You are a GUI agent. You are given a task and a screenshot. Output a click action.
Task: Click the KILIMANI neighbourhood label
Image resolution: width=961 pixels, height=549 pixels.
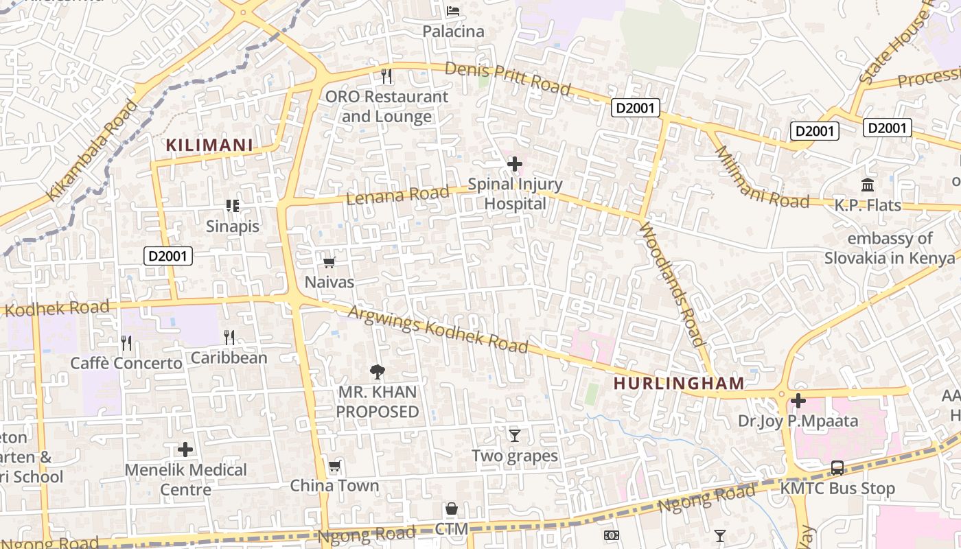pyautogui.click(x=210, y=145)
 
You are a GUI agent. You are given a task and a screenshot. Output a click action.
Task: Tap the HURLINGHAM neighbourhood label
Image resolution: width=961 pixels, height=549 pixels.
pyautogui.click(x=679, y=383)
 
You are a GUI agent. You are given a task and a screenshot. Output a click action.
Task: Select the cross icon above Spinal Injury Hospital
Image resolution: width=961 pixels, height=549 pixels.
pyautogui.click(x=514, y=164)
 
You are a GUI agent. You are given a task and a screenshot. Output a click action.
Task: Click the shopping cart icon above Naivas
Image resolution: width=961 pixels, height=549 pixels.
pyautogui.click(x=329, y=262)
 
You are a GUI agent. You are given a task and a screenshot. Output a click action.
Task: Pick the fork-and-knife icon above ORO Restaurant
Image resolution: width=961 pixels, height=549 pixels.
pyautogui.click(x=386, y=75)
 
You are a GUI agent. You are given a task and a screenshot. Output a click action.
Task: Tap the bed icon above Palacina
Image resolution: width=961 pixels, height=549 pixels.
pyautogui.click(x=452, y=11)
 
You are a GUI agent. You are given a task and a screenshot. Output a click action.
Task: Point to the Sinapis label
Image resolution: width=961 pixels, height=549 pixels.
pyautogui.click(x=233, y=226)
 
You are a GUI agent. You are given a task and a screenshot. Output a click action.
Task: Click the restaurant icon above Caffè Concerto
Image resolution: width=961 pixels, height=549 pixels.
pyautogui.click(x=126, y=342)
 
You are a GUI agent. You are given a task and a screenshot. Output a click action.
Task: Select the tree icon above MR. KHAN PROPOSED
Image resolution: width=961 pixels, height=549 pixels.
pyautogui.click(x=377, y=372)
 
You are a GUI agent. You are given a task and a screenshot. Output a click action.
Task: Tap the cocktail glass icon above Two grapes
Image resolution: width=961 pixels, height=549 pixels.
pyautogui.click(x=514, y=435)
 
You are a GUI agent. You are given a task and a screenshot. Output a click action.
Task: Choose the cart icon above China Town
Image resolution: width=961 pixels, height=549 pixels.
pyautogui.click(x=334, y=467)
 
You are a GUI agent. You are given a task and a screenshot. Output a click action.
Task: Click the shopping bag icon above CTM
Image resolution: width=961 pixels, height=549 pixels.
pyautogui.click(x=452, y=509)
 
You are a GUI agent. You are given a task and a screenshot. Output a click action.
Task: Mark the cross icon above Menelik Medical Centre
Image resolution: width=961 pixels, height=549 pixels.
pyautogui.click(x=185, y=449)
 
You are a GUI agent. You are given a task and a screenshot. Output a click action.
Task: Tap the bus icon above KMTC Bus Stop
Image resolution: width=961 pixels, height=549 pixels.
pyautogui.click(x=837, y=468)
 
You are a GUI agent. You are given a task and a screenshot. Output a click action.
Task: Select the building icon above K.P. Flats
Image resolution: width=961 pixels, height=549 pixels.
pyautogui.click(x=868, y=185)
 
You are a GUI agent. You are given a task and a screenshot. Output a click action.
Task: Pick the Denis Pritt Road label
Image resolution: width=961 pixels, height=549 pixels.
pyautogui.click(x=508, y=78)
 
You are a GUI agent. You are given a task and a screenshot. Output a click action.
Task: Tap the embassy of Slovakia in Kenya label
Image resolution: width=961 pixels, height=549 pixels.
pyautogui.click(x=890, y=248)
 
